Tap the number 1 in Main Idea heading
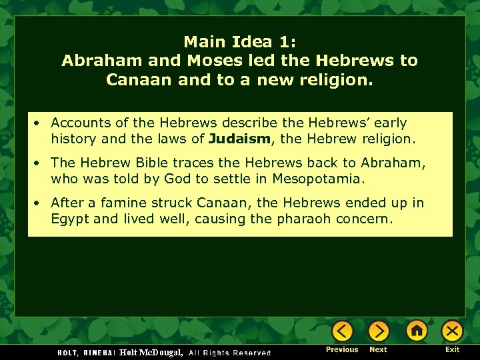click(285, 42)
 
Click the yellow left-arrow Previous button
click(343, 331)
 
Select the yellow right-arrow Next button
click(378, 331)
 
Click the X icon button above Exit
click(452, 331)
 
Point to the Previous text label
click(343, 349)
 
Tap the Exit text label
click(453, 349)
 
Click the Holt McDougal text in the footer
click(151, 351)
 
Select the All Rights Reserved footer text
click(230, 353)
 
